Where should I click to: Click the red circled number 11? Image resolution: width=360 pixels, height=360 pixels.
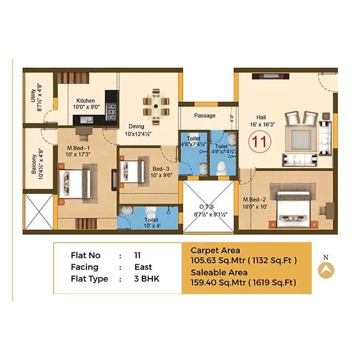pyautogui.click(x=259, y=142)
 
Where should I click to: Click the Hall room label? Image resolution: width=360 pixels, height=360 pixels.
pyautogui.click(x=260, y=117)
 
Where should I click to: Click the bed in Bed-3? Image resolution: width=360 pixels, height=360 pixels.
pyautogui.click(x=131, y=166)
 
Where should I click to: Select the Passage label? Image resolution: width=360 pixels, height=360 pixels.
pyautogui.click(x=204, y=116)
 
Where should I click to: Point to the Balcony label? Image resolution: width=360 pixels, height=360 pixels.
pyautogui.click(x=34, y=164)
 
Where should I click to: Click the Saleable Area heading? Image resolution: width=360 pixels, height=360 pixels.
pyautogui.click(x=218, y=272)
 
